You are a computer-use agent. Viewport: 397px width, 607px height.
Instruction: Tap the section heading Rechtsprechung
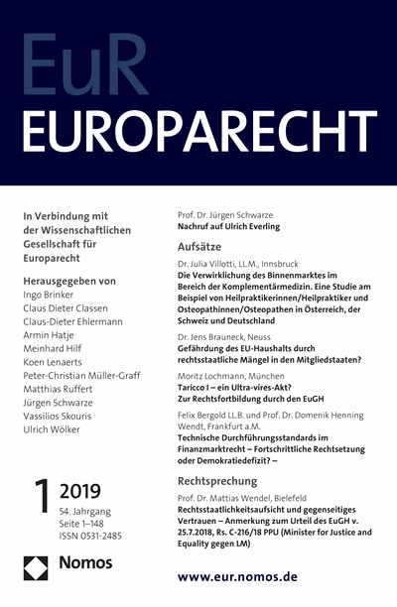coord(219,478)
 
